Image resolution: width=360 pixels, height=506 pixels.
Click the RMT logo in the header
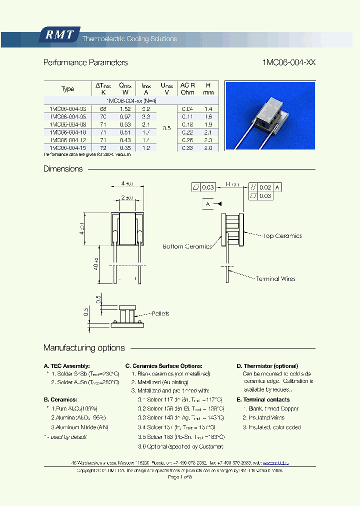point(59,34)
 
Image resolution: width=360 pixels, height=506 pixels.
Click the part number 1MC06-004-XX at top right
point(288,62)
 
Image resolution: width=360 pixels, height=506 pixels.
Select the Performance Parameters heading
point(85,62)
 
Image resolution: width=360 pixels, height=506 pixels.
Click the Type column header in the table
point(67,89)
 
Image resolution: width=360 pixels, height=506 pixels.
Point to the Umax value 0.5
point(166,128)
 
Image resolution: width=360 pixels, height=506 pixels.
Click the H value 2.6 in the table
point(208,148)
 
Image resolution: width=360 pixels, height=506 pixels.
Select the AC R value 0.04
point(187,108)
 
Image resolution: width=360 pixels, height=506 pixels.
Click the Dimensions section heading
point(63,169)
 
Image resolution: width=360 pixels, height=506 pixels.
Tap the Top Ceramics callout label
point(282,235)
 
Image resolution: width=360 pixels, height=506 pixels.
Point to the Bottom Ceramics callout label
point(187,246)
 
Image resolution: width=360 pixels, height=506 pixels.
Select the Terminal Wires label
point(275,278)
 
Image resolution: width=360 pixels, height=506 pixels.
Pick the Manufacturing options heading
point(84,348)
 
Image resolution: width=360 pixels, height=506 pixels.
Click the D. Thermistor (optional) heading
point(267,366)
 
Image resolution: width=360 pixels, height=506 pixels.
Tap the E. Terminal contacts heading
point(263,399)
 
